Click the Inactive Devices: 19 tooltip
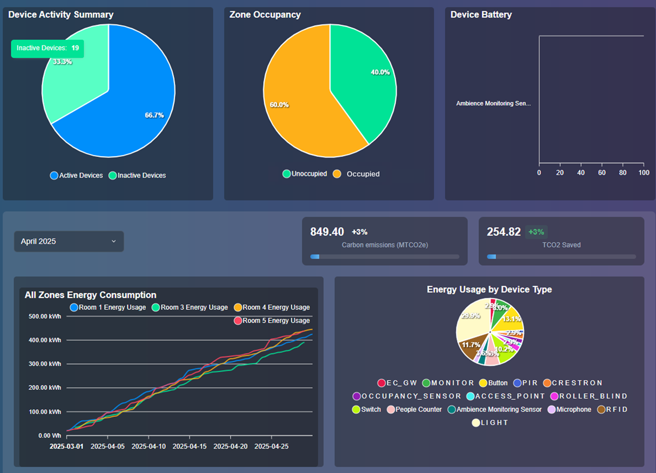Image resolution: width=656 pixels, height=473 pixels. coord(47,48)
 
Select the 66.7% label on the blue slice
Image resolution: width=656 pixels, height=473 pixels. coord(154,115)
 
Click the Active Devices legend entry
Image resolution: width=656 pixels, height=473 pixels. coord(77,176)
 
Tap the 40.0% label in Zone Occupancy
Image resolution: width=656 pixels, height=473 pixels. coord(380,72)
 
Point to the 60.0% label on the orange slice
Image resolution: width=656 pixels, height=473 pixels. coord(279,105)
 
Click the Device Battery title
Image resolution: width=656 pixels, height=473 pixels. coord(481,15)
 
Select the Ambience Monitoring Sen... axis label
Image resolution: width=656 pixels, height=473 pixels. coord(493,104)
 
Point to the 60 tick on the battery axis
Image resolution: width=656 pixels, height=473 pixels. coord(602,173)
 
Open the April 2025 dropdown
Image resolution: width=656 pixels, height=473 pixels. coord(69,241)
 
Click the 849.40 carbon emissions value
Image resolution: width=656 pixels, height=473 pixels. coord(327,232)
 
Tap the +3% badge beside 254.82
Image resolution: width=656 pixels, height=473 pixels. coord(536,232)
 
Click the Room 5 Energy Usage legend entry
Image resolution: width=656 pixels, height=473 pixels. coord(272,321)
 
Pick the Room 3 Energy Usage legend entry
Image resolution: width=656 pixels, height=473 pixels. coord(190,307)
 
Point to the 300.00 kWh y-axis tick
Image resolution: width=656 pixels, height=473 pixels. coord(45,364)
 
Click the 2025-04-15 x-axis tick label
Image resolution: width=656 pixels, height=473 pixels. coord(190,446)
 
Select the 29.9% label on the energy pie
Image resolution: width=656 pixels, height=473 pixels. coord(470,316)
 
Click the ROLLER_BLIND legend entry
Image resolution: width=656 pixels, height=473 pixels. coord(589,396)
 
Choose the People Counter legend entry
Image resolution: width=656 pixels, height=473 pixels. coord(414,409)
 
